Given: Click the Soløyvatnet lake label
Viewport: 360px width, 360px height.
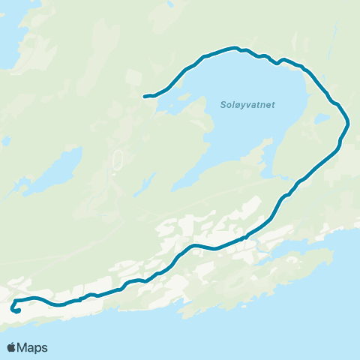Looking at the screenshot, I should click(247, 105).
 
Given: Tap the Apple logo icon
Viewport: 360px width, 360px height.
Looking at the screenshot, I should click(13, 347).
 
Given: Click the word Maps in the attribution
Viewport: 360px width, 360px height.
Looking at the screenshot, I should click(33, 347).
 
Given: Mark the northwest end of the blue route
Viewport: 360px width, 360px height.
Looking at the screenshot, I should click(145, 96).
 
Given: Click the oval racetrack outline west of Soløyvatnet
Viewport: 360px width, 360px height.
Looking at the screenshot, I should click(117, 160).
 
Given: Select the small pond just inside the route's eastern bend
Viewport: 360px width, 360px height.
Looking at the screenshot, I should click(322, 118).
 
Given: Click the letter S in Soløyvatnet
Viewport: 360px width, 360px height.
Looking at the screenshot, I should click(224, 105).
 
